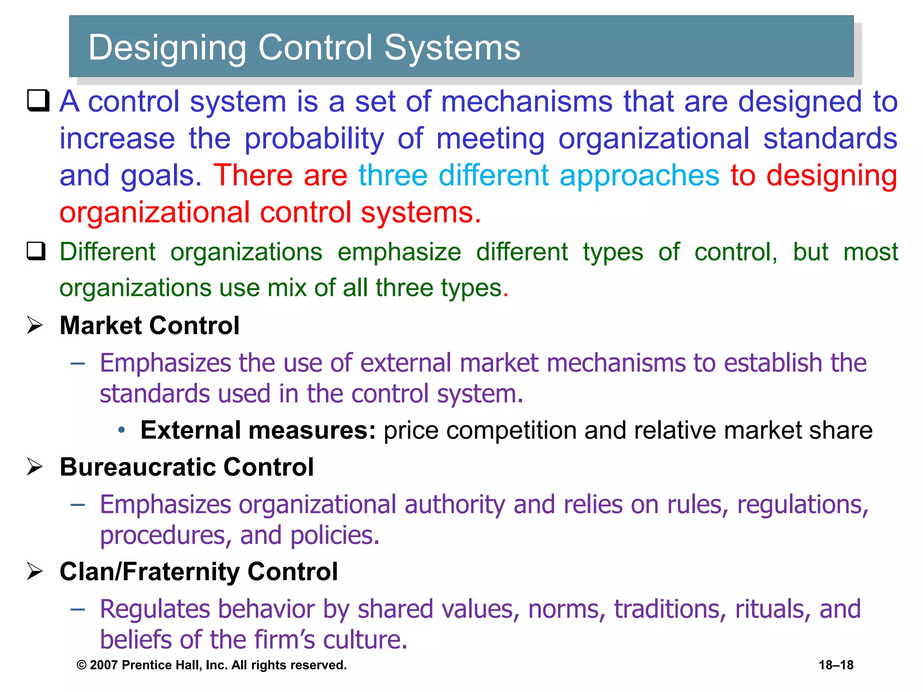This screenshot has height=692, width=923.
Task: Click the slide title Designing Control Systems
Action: pyautogui.click(x=304, y=47)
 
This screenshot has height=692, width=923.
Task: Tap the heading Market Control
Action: pyautogui.click(x=149, y=325)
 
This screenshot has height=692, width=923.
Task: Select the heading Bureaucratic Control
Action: pyautogui.click(x=187, y=467)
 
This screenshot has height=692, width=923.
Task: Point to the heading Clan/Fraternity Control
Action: pyautogui.click(x=198, y=572)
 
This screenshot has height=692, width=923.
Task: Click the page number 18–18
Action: pyautogui.click(x=836, y=665)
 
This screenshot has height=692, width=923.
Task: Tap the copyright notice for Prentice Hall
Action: pyautogui.click(x=212, y=665)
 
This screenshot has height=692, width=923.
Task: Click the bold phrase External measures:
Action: pyautogui.click(x=258, y=430)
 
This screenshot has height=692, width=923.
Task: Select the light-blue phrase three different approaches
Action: pyautogui.click(x=539, y=175)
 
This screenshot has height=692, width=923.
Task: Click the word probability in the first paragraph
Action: pyautogui.click(x=314, y=138)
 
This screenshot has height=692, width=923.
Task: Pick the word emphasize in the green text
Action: pyautogui.click(x=399, y=252)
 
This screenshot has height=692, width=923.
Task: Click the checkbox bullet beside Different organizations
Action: pyautogui.click(x=37, y=251)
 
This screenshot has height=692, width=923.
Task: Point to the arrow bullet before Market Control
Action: pyautogui.click(x=35, y=325)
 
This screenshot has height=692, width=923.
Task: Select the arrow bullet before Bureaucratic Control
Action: pyautogui.click(x=35, y=467)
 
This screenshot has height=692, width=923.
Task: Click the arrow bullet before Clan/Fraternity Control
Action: pyautogui.click(x=35, y=572)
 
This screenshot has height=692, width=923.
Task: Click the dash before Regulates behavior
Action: pyautogui.click(x=78, y=609)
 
